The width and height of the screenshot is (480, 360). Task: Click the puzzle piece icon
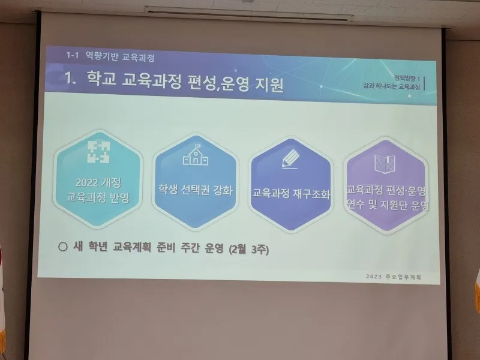98,152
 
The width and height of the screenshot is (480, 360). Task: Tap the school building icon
196,155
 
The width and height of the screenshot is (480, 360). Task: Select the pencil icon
290,159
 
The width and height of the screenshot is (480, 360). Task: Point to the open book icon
385,164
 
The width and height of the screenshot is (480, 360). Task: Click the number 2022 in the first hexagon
86,182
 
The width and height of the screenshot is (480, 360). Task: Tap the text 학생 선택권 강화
196,190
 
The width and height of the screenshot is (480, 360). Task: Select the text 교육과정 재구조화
291,193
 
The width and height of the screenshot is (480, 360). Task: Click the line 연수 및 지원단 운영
388,205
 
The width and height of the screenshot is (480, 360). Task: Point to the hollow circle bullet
62,247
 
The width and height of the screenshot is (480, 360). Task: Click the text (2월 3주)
249,250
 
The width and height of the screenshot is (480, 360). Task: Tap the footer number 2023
374,277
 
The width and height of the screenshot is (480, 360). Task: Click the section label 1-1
72,55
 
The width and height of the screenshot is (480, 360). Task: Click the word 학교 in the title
101,78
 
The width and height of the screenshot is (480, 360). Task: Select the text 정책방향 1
407,79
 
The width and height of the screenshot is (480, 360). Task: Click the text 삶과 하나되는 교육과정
392,86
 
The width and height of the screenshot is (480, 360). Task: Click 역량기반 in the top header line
102,56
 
